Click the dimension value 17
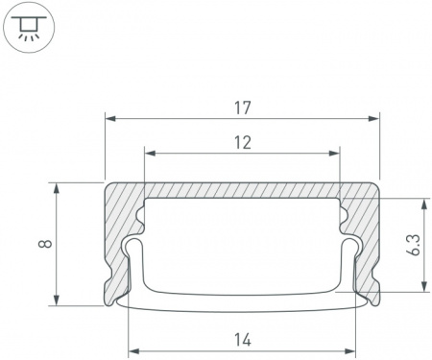(x=243, y=108)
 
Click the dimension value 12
(x=243, y=143)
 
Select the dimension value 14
(x=243, y=340)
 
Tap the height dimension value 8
(x=45, y=244)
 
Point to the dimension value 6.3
(x=413, y=245)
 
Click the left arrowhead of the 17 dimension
(x=110, y=119)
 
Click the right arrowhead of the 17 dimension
(x=373, y=119)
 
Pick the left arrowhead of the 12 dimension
(x=150, y=154)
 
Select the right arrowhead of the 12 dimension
(x=334, y=154)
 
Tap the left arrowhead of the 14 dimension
(x=133, y=351)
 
